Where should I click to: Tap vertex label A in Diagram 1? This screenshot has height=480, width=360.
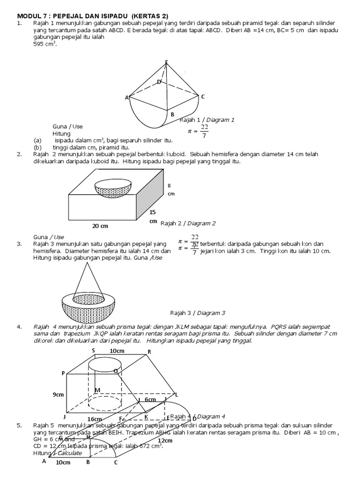click(126, 97)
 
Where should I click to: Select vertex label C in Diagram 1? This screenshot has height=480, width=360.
click(202, 97)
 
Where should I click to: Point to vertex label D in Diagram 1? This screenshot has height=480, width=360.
click(159, 82)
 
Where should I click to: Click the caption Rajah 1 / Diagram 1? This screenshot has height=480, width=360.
click(207, 120)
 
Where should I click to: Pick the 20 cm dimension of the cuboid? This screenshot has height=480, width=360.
click(100, 225)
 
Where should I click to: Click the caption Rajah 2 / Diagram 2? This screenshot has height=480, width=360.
click(188, 223)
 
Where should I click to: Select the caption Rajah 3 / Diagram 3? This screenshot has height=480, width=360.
click(197, 313)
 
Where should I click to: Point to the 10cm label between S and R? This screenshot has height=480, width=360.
click(117, 351)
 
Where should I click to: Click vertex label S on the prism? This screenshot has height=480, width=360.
click(93, 350)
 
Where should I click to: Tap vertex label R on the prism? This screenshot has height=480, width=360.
click(149, 352)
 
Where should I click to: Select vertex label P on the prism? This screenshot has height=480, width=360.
click(62, 373)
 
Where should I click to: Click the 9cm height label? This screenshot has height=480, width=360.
click(58, 395)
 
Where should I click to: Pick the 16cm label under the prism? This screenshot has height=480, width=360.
click(94, 419)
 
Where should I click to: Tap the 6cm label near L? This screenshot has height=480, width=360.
click(150, 399)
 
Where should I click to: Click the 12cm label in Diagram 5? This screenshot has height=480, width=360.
click(165, 441)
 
